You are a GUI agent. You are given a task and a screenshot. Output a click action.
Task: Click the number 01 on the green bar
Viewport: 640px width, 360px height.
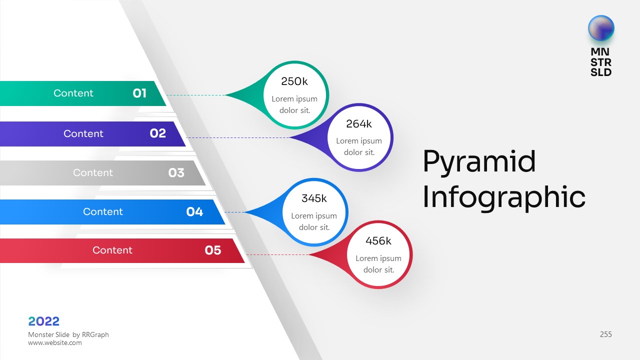(139, 93)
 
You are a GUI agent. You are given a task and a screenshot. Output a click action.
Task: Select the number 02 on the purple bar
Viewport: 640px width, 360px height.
(157, 133)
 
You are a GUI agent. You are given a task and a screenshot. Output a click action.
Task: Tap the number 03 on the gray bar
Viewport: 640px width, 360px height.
(176, 173)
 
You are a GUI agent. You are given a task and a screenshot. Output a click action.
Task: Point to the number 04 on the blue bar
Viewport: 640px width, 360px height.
(194, 212)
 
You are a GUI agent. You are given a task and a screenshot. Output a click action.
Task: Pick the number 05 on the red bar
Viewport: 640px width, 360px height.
(212, 250)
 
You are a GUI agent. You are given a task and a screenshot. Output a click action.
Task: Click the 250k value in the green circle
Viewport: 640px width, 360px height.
(294, 81)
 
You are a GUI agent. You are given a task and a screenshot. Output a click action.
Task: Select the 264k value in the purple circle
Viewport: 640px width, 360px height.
(359, 124)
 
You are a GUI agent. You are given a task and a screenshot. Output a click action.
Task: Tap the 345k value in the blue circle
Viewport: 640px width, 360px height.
(314, 198)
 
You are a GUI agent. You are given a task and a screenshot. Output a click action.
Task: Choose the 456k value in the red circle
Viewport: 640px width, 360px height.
(378, 241)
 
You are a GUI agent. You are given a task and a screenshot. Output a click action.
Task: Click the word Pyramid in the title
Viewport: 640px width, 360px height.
(479, 161)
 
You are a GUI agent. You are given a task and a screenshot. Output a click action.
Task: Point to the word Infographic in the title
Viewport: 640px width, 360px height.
(503, 197)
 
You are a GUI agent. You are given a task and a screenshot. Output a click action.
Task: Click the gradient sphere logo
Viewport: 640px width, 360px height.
(601, 28)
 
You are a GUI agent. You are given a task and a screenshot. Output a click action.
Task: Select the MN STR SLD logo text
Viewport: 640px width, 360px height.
(601, 62)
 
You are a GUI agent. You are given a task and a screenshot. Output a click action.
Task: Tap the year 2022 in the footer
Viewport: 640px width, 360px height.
(44, 321)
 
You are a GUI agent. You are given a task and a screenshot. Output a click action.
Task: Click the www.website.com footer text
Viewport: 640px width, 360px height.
(55, 343)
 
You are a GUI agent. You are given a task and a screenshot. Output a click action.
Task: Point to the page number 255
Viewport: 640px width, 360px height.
(605, 334)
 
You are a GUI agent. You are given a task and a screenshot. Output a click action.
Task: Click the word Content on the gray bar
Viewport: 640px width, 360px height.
(93, 173)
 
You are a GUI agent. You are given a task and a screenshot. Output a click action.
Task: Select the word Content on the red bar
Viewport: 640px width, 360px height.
(112, 250)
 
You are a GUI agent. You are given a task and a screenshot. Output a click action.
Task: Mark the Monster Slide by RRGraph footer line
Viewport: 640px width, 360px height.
(68, 334)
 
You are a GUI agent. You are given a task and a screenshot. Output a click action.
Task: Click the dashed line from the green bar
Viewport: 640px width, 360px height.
(195, 95)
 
